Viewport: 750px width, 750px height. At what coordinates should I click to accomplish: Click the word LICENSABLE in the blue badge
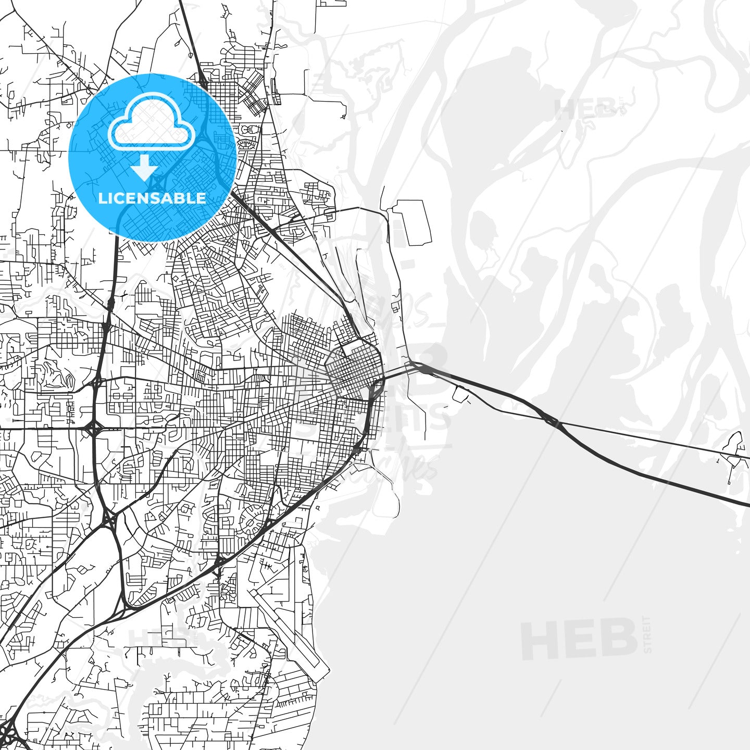coord(152,198)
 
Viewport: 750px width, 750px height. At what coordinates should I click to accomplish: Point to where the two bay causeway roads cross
coord(551,419)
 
